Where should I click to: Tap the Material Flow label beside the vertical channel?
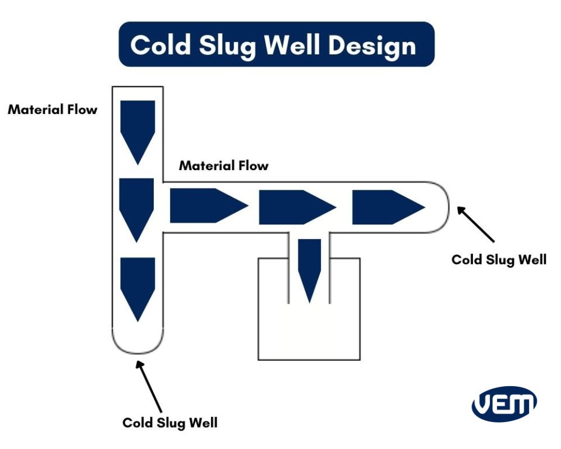tap(53, 109)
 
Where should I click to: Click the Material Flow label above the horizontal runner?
tap(223, 166)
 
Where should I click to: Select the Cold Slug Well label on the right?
tap(499, 259)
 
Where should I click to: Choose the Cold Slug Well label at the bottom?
tap(169, 422)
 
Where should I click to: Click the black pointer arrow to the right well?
tap(476, 224)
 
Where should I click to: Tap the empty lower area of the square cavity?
tap(309, 334)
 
